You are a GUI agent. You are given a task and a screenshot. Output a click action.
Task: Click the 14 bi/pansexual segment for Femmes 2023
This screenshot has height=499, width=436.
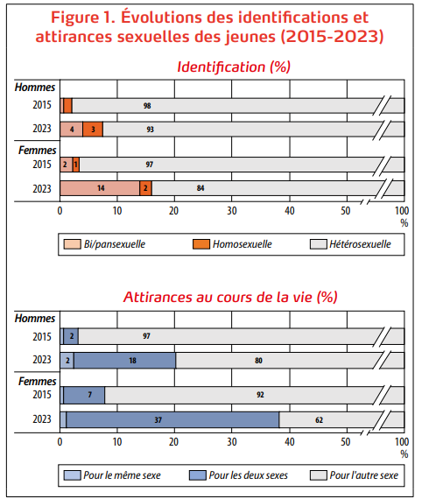(x=100, y=188)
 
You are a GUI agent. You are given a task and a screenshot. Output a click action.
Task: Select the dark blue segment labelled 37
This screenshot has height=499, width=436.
(x=172, y=419)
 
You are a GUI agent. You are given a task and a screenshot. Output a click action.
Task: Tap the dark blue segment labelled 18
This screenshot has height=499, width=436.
(x=124, y=361)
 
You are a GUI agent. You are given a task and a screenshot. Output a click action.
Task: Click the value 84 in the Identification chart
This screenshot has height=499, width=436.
(x=200, y=188)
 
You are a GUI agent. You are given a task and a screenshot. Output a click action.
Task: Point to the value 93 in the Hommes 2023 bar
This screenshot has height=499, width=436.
(x=150, y=130)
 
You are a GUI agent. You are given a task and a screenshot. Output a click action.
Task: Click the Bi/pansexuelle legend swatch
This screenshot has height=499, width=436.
(x=72, y=244)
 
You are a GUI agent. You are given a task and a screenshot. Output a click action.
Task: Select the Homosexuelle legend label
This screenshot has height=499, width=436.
(x=243, y=244)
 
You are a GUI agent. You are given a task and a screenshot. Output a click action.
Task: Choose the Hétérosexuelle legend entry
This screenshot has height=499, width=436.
(x=350, y=244)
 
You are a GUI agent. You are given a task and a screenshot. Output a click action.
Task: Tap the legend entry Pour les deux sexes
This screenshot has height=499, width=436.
(x=238, y=475)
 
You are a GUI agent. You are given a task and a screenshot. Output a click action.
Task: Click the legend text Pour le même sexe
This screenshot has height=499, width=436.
(x=122, y=475)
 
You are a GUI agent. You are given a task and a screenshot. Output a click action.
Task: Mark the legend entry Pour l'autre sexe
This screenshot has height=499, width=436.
(x=354, y=475)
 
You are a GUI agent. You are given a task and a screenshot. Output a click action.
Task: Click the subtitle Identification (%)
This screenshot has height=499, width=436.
(x=234, y=67)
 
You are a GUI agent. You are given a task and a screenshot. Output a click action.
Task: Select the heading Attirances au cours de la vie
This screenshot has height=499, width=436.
(x=218, y=297)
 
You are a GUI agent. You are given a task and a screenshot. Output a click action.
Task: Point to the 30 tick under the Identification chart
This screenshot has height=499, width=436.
(x=232, y=211)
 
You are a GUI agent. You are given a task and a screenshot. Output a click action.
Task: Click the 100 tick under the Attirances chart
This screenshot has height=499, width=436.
(x=402, y=442)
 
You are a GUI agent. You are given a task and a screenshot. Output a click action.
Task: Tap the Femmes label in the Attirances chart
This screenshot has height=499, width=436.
(x=37, y=381)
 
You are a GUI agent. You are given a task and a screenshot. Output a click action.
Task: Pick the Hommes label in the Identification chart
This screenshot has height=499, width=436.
(x=35, y=87)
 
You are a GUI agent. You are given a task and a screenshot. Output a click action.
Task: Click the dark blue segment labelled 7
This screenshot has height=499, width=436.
(x=84, y=395)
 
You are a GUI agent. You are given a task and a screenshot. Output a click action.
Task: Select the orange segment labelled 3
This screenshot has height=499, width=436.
(x=93, y=130)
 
